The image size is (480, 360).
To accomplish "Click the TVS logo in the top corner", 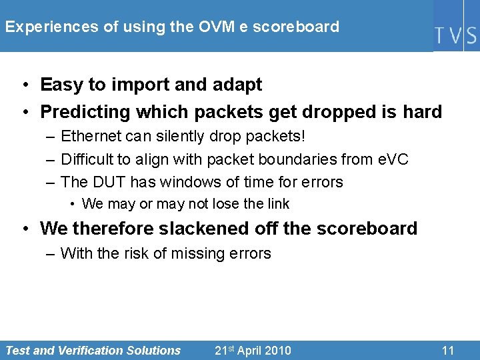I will click(456, 34).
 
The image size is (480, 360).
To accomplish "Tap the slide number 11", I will click(448, 350).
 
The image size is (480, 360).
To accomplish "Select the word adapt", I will click(238, 85).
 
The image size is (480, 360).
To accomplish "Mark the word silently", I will click(179, 137).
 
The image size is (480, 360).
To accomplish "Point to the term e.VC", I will click(390, 159).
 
